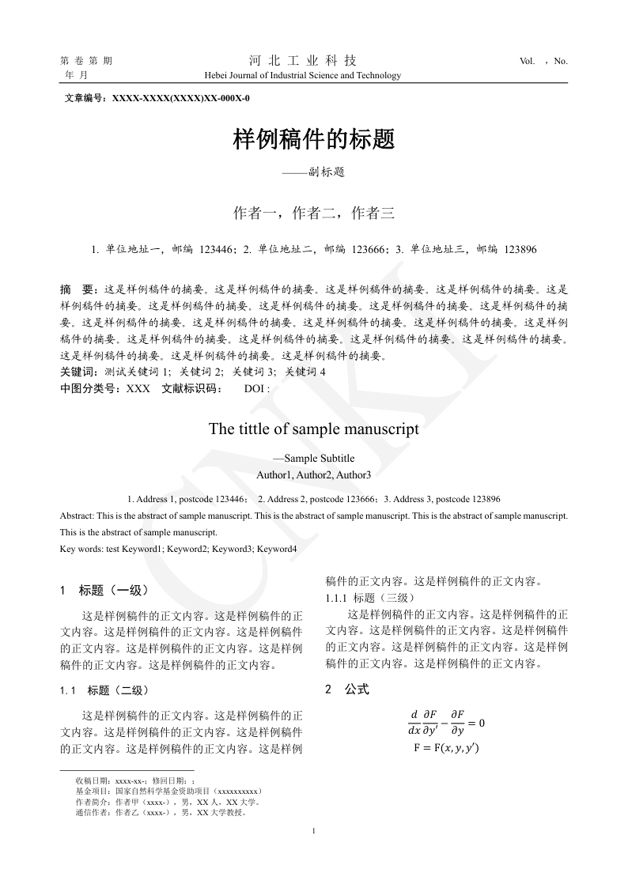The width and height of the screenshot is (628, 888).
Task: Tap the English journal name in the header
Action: click(302, 76)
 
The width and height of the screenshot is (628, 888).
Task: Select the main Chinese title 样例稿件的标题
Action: click(313, 140)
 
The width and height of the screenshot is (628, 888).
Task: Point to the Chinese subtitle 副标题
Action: click(326, 171)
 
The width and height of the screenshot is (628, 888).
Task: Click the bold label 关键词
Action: click(77, 372)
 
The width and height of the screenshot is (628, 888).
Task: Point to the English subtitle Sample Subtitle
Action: click(319, 458)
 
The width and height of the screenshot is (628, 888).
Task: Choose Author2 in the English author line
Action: click(314, 474)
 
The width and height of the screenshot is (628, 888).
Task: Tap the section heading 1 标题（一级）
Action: click(104, 590)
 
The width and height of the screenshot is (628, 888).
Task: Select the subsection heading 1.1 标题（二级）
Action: click(104, 690)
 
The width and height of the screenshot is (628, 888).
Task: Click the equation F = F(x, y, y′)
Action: click(446, 748)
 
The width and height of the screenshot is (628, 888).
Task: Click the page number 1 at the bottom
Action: click(315, 830)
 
